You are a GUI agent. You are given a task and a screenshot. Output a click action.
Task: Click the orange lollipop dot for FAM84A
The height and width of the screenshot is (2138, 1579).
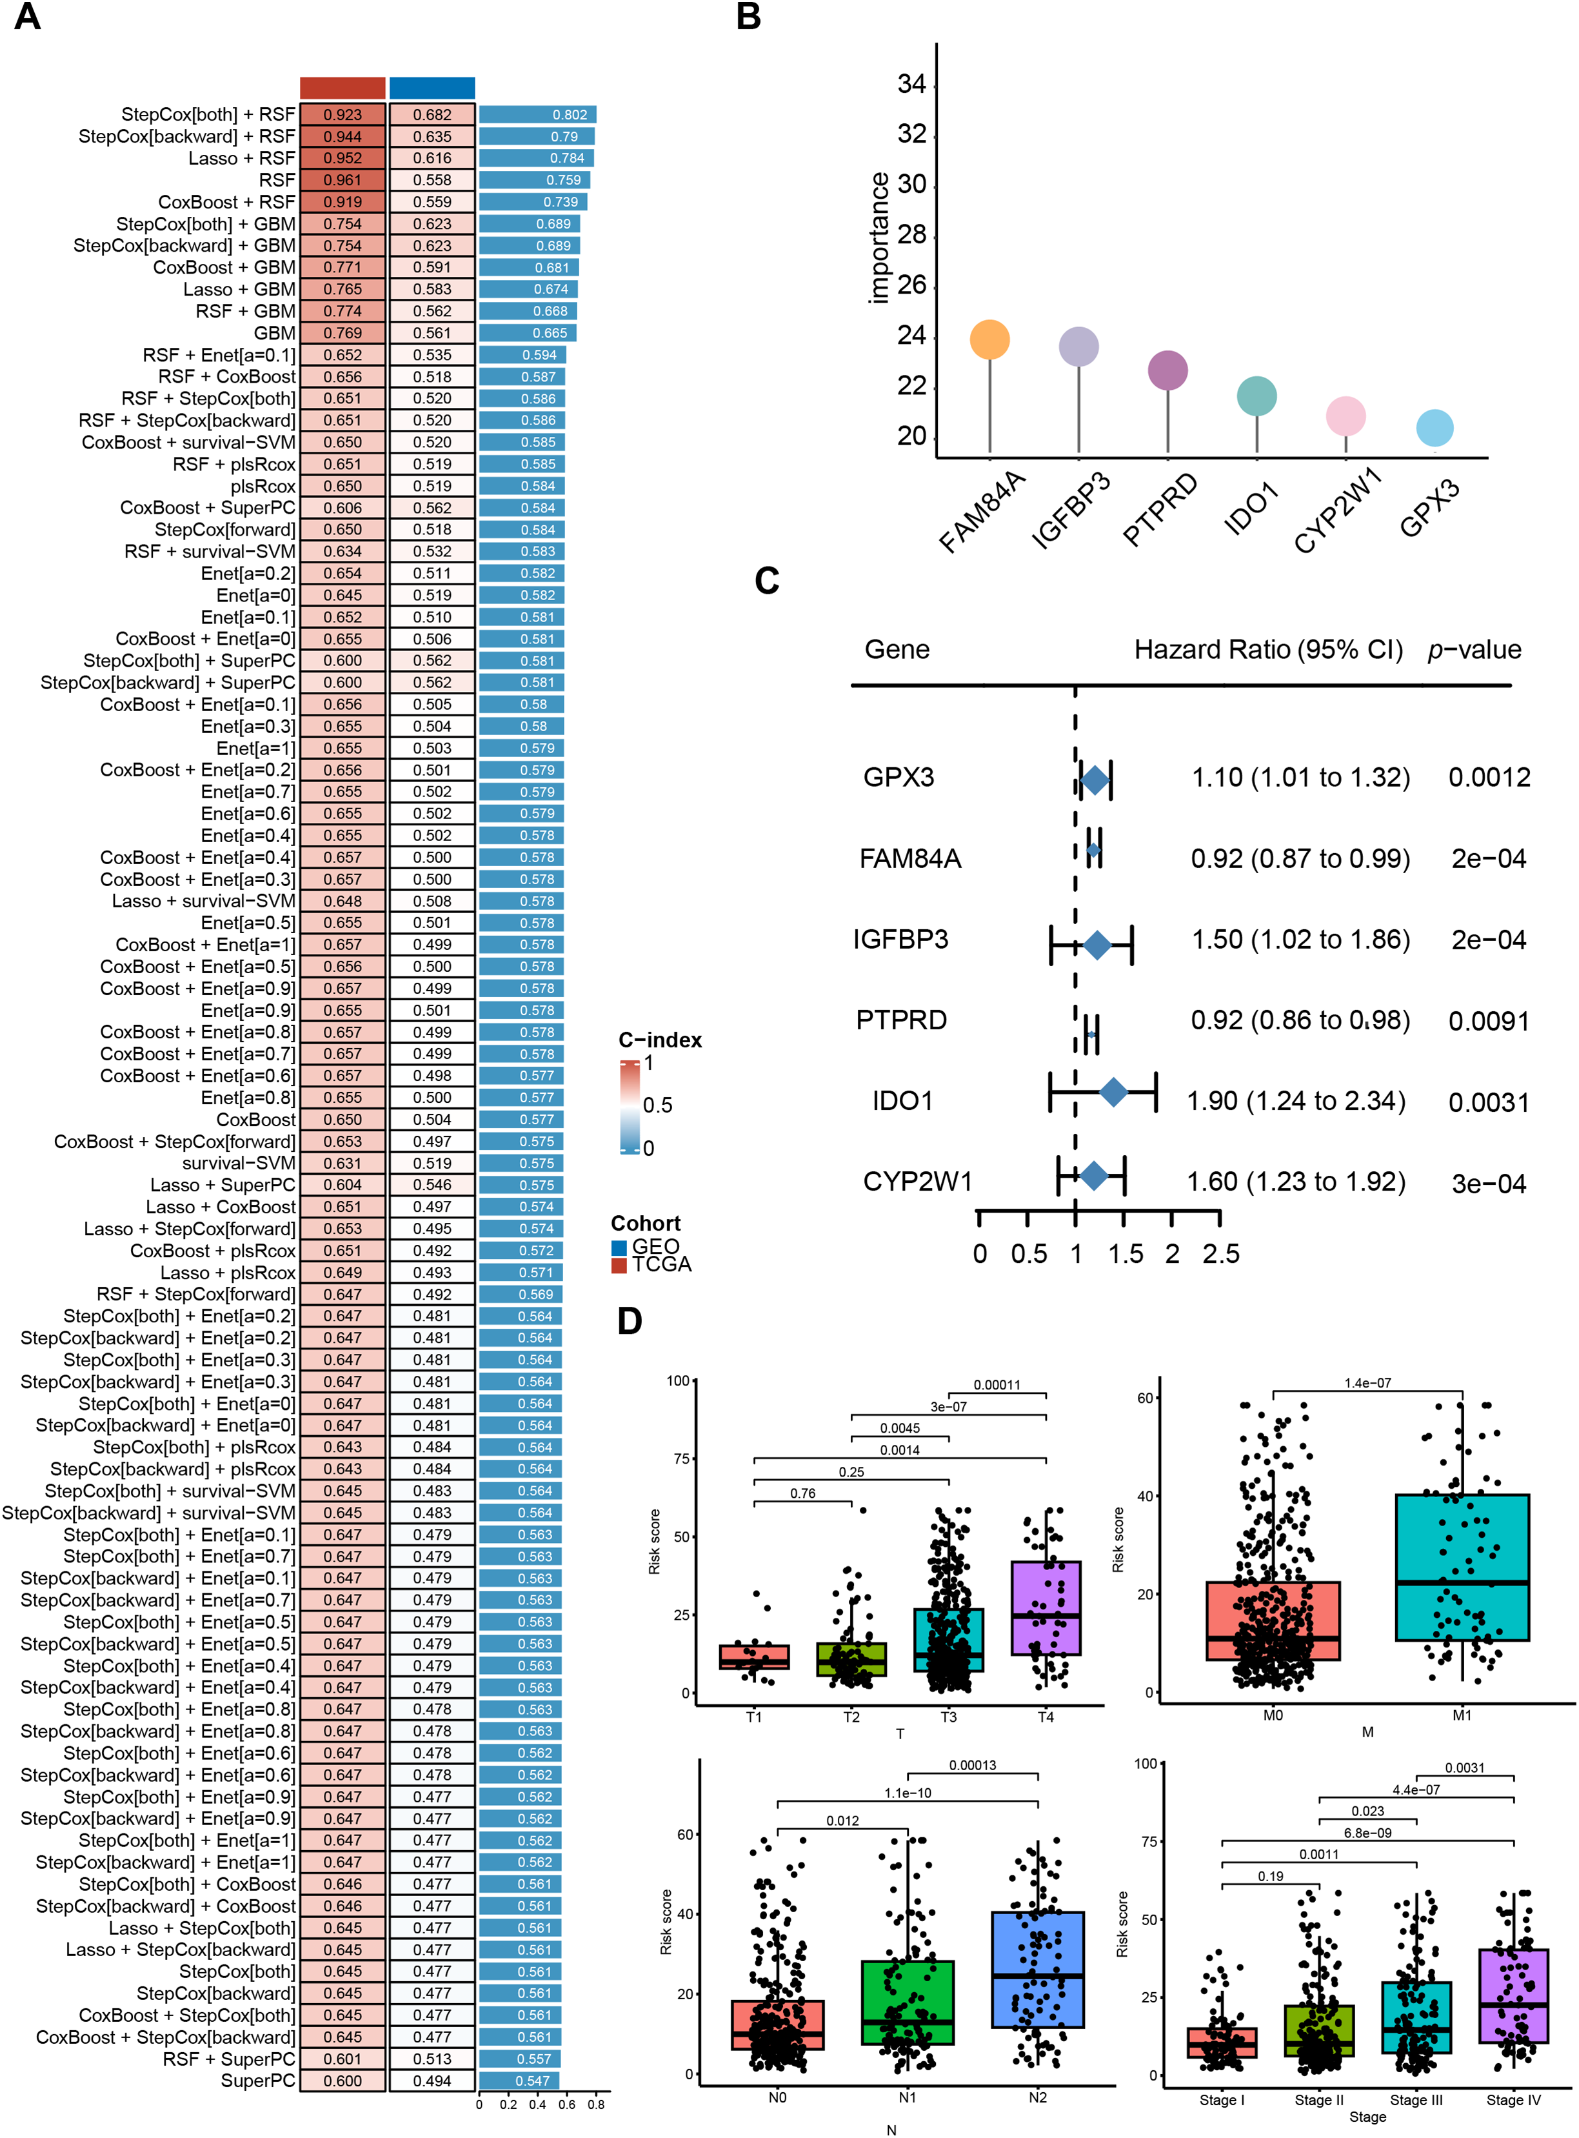(x=989, y=339)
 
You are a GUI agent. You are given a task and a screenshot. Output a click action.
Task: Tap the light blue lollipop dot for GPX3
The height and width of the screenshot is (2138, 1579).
(x=1434, y=427)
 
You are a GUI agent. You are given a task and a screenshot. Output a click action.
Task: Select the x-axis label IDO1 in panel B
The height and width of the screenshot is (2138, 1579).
(x=1251, y=510)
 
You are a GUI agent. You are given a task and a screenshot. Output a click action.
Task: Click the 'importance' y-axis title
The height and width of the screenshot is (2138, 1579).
(x=879, y=239)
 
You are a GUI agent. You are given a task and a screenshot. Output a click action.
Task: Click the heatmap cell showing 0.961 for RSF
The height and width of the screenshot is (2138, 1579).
(x=342, y=180)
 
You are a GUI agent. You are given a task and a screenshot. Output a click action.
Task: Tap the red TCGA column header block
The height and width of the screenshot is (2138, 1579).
(x=342, y=88)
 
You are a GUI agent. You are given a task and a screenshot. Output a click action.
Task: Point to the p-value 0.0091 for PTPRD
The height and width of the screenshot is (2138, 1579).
(x=1488, y=1021)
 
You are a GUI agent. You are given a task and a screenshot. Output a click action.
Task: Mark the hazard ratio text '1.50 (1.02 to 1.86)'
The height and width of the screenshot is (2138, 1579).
(x=1300, y=940)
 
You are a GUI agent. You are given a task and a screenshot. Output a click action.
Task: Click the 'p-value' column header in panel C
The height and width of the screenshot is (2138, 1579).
(x=1474, y=650)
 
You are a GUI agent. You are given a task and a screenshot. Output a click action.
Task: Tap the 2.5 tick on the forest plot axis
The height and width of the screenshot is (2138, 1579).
(x=1220, y=1253)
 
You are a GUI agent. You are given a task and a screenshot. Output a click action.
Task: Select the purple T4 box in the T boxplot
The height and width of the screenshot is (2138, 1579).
(x=1046, y=1608)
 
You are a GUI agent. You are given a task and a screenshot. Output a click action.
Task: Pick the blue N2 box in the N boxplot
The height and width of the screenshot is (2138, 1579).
(x=1037, y=1970)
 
